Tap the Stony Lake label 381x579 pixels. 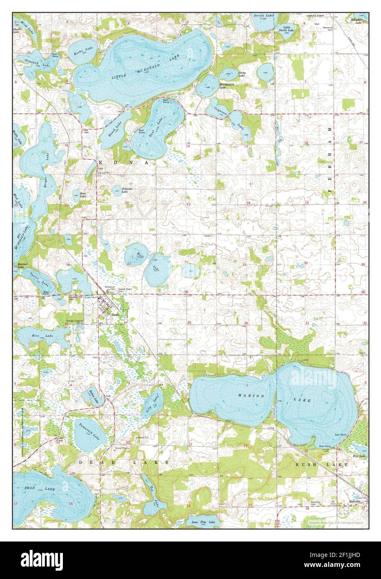[242, 74]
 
